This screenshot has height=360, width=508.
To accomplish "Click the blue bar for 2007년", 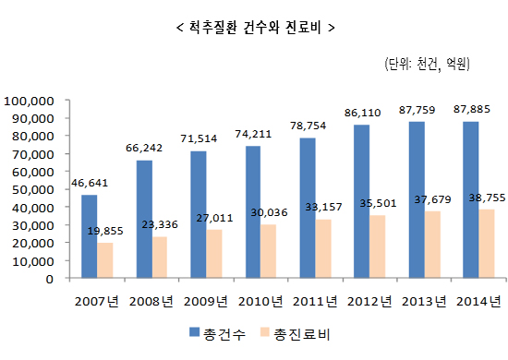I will [89, 236].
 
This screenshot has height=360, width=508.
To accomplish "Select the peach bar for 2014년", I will [486, 244].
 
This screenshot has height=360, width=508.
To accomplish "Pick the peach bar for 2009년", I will [214, 254].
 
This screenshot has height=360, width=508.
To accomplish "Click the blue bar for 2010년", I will [252, 211].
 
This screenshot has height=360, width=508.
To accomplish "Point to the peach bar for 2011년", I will [323, 248].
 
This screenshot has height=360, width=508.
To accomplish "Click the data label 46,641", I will [90, 183].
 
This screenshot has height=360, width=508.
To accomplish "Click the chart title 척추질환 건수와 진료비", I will [254, 28].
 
